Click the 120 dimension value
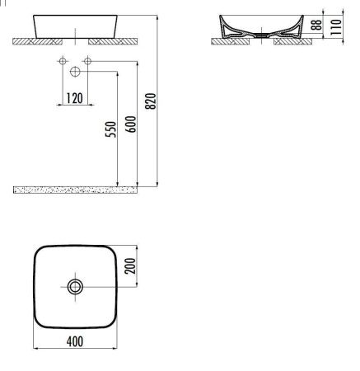[75, 98]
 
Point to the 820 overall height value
[152, 101]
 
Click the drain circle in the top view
[75, 287]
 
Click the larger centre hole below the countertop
[75, 70]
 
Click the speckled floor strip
[74, 190]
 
